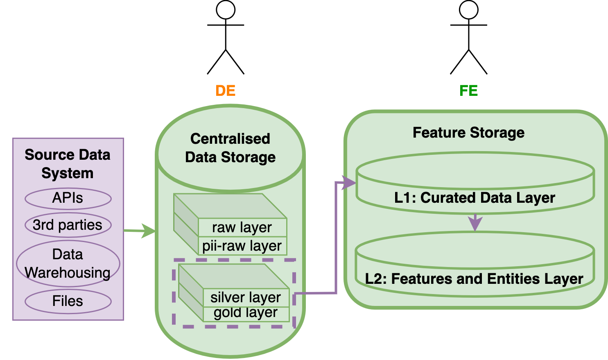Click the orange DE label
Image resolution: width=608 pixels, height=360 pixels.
226,91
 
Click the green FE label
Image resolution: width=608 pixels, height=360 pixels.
468,91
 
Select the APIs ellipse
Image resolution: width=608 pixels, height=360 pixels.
68,198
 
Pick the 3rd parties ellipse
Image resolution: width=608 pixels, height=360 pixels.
68,225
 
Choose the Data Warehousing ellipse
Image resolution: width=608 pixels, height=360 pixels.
68,263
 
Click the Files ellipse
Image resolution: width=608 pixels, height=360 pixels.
68,301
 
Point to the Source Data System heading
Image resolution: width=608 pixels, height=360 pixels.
68,164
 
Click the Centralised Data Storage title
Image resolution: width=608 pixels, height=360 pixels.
230,148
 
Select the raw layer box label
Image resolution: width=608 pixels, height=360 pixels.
242,227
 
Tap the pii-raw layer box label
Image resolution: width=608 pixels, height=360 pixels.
242,246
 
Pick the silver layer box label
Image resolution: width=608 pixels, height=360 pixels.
246,297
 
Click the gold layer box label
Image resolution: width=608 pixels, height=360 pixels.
246,313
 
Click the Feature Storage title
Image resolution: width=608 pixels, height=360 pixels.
468,133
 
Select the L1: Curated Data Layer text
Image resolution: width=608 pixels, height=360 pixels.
475,198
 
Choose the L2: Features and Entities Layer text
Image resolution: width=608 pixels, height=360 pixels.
474,279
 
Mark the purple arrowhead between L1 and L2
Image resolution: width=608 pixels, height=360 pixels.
475,224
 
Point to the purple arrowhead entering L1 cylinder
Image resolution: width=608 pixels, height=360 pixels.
349,183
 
